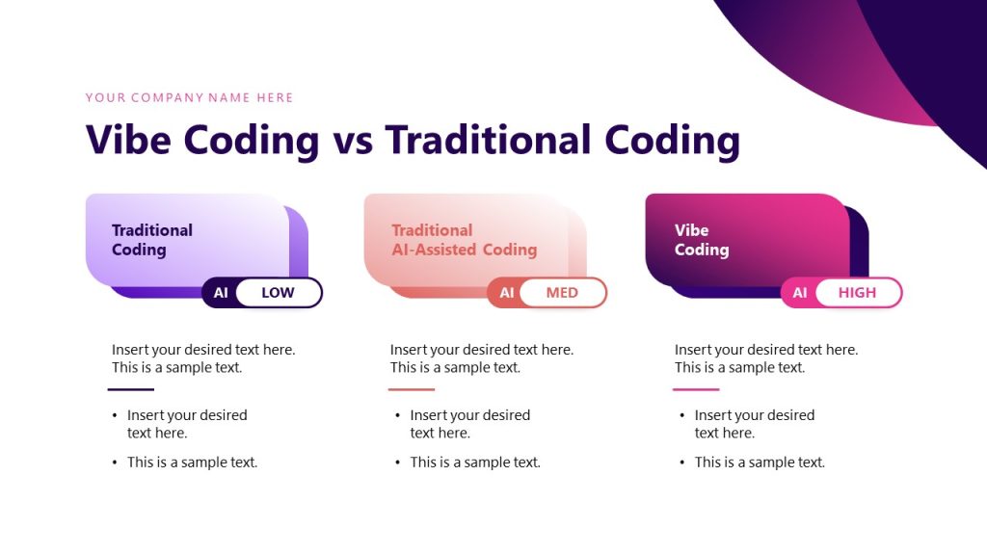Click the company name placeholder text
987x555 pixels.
click(189, 97)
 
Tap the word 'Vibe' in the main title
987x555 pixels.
click(129, 140)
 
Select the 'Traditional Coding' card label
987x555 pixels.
click(152, 240)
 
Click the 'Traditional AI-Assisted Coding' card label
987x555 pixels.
click(464, 240)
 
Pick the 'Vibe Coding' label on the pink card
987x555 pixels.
click(701, 240)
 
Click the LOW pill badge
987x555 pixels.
click(278, 293)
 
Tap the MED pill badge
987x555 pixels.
click(562, 293)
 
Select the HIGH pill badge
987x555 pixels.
click(857, 293)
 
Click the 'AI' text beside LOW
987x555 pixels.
click(221, 293)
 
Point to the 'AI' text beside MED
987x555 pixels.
click(506, 293)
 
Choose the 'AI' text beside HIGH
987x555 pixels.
click(800, 293)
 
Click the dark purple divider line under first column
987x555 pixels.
click(130, 389)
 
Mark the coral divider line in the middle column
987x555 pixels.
click(412, 389)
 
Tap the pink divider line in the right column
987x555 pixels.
click(696, 389)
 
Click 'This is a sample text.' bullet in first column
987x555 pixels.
click(192, 462)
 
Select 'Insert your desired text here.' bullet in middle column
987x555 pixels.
click(469, 424)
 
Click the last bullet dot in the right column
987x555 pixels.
click(682, 463)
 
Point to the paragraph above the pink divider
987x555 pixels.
click(765, 358)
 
